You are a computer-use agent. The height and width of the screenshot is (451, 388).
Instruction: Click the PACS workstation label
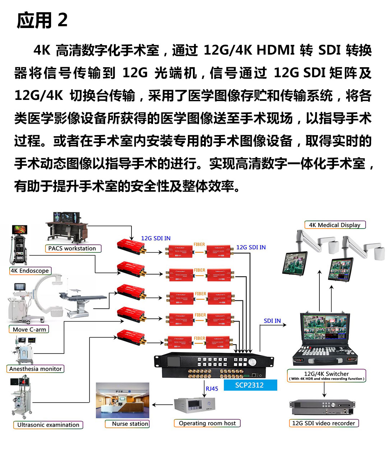tap(72, 248)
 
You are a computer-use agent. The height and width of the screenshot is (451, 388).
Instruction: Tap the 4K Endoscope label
tap(30, 271)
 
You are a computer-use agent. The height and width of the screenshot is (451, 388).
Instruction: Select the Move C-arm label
tap(29, 329)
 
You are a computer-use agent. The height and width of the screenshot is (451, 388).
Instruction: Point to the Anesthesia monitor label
tap(35, 369)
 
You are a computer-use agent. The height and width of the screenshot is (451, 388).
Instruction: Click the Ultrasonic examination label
tap(48, 425)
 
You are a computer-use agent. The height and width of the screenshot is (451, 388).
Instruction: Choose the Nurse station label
tap(130, 424)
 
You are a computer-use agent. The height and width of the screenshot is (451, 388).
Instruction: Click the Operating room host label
tap(207, 423)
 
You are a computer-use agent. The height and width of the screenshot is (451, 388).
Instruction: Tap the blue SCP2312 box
tap(250, 385)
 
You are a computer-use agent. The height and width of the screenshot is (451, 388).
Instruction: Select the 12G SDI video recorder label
tap(323, 423)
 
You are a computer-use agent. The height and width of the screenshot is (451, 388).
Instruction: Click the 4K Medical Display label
tap(335, 225)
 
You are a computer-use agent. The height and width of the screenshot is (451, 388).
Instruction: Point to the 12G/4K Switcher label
tap(327, 375)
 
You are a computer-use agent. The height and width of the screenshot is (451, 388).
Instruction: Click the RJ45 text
tap(212, 388)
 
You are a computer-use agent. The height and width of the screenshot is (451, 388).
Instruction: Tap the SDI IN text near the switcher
tap(272, 321)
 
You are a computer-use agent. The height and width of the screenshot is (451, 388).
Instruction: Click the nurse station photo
tap(123, 400)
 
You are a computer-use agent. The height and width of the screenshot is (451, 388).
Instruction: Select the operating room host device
tap(195, 405)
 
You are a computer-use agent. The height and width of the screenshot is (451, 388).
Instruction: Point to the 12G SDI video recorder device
tap(322, 408)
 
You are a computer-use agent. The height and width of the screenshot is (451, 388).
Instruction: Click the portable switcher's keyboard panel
tap(325, 353)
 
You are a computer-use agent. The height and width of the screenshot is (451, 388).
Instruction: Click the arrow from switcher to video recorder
tap(324, 390)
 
